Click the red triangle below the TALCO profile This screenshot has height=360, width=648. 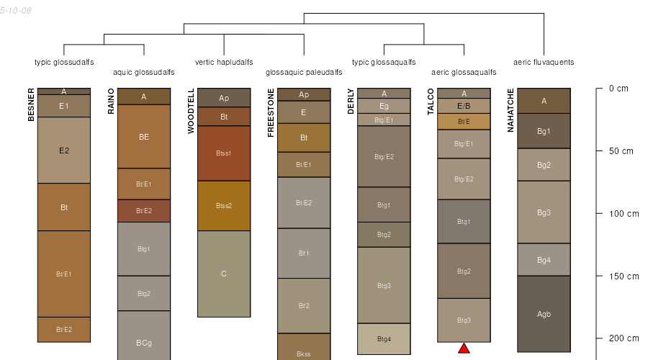click(x=464, y=348)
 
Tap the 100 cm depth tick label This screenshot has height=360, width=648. click(x=623, y=214)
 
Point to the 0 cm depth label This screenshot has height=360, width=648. click(x=618, y=89)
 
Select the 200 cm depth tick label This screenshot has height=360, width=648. click(x=623, y=338)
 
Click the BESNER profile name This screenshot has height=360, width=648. click(x=31, y=104)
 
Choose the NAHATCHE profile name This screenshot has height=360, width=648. click(x=510, y=110)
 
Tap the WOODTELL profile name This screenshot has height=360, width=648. click(x=191, y=111)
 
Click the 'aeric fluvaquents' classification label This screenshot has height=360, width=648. click(x=544, y=62)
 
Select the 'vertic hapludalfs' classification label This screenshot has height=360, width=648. click(x=224, y=62)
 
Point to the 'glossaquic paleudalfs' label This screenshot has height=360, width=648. click(x=304, y=73)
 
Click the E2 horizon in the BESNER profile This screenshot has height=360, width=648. click(x=64, y=150)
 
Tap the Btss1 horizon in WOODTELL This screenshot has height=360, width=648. click(x=224, y=153)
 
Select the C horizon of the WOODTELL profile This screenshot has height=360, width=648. click(x=224, y=274)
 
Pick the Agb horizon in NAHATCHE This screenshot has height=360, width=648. click(x=544, y=314)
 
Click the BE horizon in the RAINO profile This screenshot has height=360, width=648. click(x=144, y=136)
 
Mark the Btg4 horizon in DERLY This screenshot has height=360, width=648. click(x=384, y=338)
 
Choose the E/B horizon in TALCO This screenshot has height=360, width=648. click(x=464, y=106)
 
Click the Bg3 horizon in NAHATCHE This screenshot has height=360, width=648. click(x=544, y=212)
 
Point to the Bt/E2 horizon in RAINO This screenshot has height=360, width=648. click(x=144, y=210)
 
